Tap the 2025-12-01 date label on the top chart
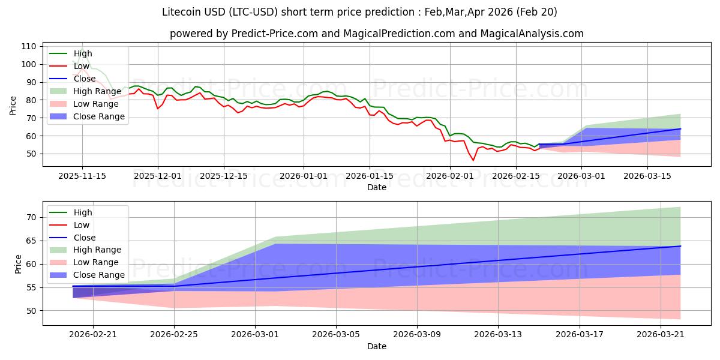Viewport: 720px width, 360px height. click(x=158, y=176)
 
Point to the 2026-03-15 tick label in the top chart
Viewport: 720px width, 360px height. click(x=661, y=176)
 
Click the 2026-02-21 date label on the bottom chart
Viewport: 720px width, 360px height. click(x=93, y=335)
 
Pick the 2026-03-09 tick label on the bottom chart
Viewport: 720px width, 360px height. click(x=417, y=335)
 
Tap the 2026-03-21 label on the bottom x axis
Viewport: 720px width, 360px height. click(x=660, y=335)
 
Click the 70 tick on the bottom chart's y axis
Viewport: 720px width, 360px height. click(x=31, y=217)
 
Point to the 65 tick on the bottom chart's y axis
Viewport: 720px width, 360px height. click(x=31, y=241)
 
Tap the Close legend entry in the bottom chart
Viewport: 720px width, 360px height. click(x=85, y=238)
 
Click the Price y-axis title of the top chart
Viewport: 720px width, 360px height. click(x=13, y=105)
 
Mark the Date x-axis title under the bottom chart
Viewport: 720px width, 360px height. click(x=376, y=346)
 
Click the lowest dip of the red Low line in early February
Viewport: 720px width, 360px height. click(x=473, y=160)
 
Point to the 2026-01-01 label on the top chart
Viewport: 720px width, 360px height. click(x=304, y=176)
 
